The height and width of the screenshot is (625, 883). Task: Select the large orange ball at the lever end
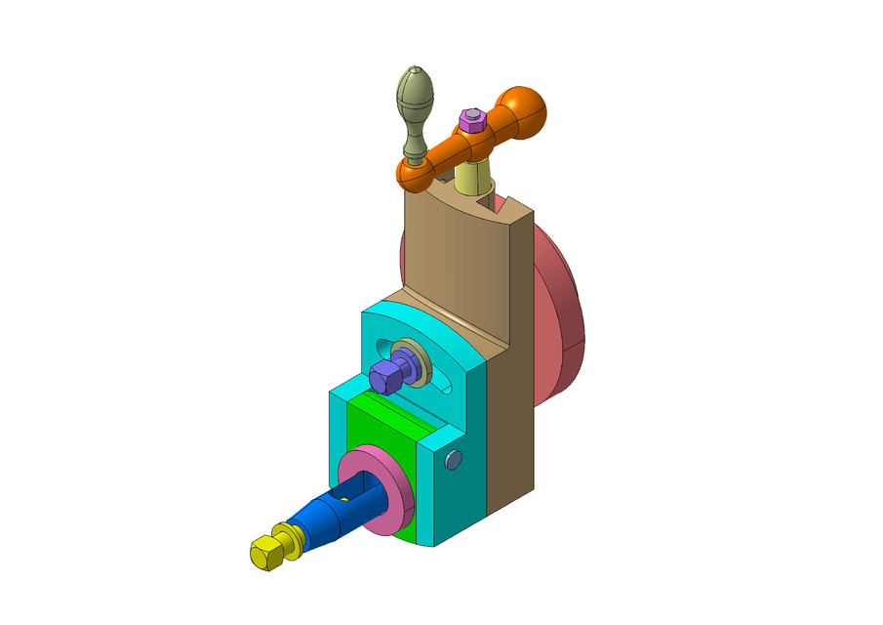pyautogui.click(x=524, y=110)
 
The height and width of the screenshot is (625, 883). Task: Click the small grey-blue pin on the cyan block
pyautogui.click(x=452, y=459)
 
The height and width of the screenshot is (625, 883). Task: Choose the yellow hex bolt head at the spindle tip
pyautogui.click(x=265, y=553)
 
